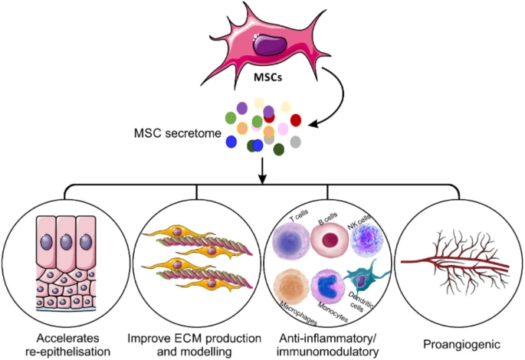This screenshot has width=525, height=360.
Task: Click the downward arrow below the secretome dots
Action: pyautogui.click(x=263, y=170)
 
